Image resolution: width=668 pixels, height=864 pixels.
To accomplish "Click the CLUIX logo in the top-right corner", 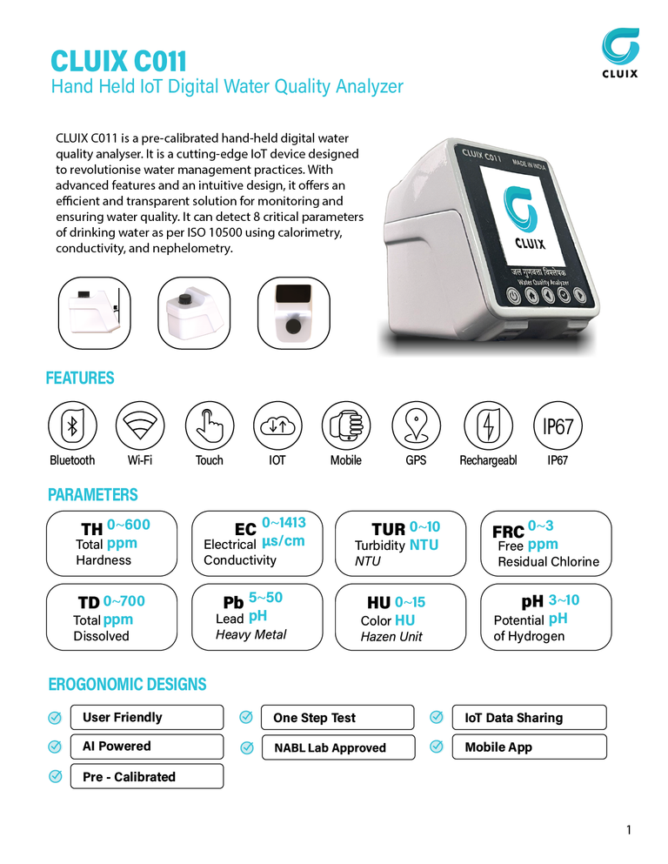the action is [620, 52].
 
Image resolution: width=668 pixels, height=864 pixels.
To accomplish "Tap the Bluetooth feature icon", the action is [72, 425].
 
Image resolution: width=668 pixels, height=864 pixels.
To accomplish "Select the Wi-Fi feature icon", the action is [140, 425].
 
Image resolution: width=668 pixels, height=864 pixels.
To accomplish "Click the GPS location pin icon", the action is [417, 425].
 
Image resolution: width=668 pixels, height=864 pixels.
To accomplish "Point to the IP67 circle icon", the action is [558, 425].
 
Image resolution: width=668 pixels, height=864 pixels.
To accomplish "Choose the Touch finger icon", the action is [210, 425].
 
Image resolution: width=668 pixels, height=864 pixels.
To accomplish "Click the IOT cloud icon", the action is [277, 425].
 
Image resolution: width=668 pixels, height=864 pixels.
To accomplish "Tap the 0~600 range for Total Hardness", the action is [129, 525].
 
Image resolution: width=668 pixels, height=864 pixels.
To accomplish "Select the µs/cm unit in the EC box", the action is [283, 541].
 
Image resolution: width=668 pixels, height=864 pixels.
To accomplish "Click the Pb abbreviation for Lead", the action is [233, 602].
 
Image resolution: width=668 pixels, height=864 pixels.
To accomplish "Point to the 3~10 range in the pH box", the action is [564, 600].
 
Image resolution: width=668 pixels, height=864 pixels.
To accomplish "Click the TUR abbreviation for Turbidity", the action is [388, 530].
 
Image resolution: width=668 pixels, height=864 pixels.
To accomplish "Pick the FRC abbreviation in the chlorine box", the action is [508, 532].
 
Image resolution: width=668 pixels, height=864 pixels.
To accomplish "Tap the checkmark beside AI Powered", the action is [55, 747].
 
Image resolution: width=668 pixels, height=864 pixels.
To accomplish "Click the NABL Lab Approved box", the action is [338, 747].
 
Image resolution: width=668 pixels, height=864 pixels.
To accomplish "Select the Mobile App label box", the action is [529, 747].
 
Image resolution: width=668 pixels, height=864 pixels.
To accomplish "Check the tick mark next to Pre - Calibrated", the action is [56, 776].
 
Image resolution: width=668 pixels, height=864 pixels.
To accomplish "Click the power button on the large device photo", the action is [514, 296].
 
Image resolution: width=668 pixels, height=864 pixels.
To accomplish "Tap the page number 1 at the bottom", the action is [629, 830].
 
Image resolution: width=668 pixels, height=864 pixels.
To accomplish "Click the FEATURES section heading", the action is [80, 378].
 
